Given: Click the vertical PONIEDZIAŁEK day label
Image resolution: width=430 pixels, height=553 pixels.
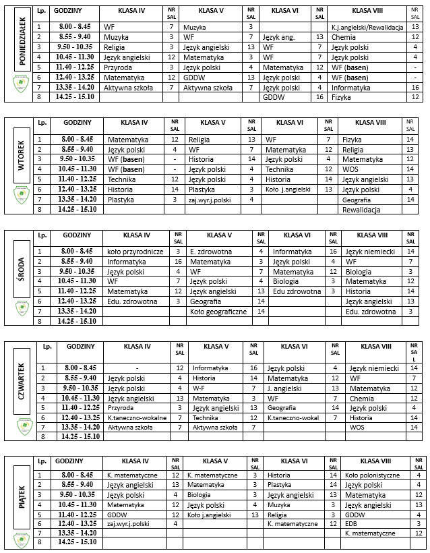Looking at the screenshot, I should tap(22, 42).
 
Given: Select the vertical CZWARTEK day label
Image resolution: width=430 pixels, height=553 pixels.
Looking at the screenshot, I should tap(22, 383).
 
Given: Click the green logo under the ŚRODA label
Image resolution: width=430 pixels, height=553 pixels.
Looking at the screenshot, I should tap(22, 308).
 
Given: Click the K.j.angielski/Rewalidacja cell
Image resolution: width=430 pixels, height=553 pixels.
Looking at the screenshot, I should tap(367, 26).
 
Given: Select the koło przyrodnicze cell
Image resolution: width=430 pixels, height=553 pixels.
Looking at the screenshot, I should tap(135, 252).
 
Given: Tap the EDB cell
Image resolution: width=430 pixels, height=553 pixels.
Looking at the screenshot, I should tap(351, 523).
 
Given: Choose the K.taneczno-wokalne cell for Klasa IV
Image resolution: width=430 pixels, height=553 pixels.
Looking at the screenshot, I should tap(137, 417).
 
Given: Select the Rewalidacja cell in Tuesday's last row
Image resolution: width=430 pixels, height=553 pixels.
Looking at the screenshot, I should tap(362, 210).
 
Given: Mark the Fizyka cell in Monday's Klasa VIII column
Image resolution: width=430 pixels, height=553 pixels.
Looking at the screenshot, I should tap(342, 97).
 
